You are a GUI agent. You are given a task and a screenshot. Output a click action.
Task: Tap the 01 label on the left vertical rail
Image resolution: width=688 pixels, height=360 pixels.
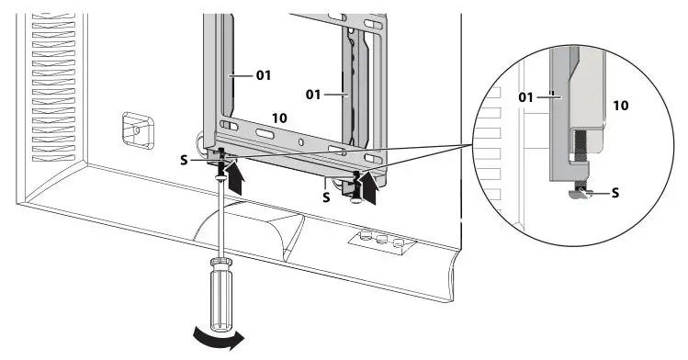coord(263,74)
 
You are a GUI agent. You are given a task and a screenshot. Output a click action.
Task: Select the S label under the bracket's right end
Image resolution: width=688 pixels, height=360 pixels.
coord(326,195)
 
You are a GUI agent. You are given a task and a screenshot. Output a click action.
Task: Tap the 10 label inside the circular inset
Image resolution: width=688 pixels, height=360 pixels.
coord(620,106)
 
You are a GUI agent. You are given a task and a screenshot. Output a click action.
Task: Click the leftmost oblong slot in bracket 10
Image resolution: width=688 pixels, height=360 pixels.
coord(228,126)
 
